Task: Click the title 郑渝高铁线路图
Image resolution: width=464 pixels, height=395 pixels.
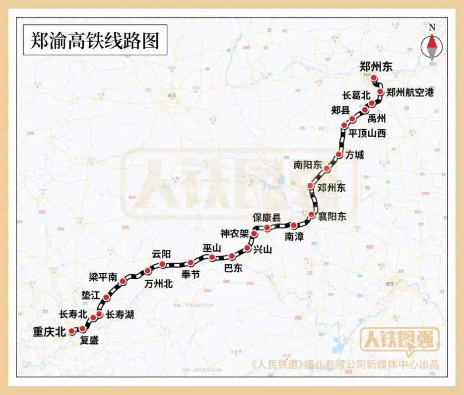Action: [95, 40]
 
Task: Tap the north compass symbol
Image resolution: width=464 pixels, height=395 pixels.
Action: [432, 46]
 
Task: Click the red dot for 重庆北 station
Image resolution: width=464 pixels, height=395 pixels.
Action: [72, 330]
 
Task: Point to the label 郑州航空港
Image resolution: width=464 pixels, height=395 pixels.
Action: [410, 92]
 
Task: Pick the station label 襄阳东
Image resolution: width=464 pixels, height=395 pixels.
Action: [332, 217]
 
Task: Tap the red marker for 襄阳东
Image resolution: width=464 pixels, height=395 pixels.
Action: [312, 215]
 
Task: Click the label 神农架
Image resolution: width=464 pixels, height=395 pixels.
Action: [235, 233]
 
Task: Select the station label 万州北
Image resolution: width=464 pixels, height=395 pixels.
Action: [158, 284]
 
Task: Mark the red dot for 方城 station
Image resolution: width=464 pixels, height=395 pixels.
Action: [339, 155]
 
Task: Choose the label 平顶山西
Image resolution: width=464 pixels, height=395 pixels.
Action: [367, 133]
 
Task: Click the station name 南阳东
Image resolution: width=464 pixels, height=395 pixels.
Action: [308, 164]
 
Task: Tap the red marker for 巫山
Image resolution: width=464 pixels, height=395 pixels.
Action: [212, 257]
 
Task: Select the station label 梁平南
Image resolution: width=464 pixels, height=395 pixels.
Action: [103, 276]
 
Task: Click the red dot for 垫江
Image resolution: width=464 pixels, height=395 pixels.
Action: [107, 298]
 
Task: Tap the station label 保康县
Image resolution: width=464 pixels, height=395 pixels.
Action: [266, 217]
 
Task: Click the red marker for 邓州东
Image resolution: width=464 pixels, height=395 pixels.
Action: [311, 187]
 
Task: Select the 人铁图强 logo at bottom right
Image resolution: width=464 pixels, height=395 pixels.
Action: [399, 340]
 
